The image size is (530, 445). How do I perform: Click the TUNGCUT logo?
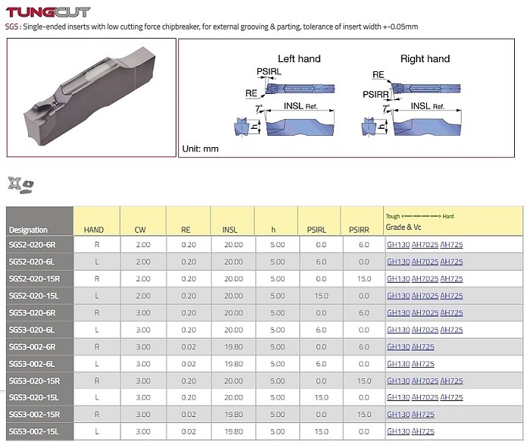pos(48,12)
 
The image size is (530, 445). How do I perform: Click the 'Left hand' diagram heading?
pos(299,58)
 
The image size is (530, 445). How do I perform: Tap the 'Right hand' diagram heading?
pos(425,58)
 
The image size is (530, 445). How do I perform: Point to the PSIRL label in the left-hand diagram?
pos(269,71)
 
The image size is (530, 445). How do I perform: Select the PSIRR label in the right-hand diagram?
pos(376,95)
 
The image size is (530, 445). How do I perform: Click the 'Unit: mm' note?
pos(201,149)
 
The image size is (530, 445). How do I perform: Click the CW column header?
pos(140,230)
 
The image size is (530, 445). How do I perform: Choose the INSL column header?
pos(230,230)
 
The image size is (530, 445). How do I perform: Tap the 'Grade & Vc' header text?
pos(404,227)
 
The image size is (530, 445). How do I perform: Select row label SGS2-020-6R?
pos(32,245)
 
